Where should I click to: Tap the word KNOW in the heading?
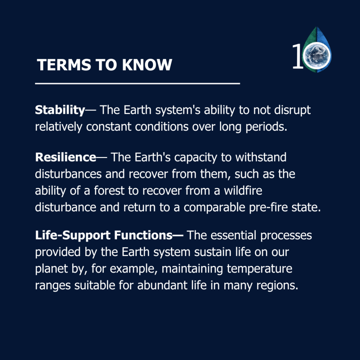point(147,65)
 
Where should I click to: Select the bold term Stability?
point(60,110)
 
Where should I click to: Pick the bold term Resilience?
point(66,157)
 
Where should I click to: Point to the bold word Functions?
point(143,235)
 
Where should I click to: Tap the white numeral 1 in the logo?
point(298,57)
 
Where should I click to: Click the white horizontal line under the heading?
point(138,84)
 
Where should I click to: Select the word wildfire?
point(243,190)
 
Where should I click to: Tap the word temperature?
point(260,269)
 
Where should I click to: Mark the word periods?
point(266,127)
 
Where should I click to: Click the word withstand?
point(261,157)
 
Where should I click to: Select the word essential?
point(233,235)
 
